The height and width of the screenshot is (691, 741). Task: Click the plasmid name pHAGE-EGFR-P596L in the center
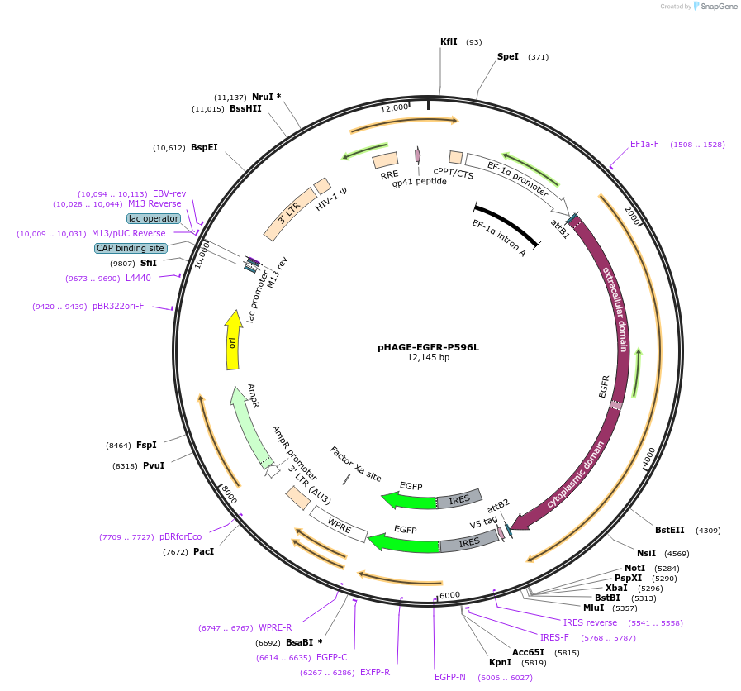pos(428,347)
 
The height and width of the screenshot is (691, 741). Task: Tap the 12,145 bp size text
pos(428,358)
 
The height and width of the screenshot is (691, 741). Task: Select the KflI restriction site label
pos(449,41)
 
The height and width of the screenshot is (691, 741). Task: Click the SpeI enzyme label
pos(507,57)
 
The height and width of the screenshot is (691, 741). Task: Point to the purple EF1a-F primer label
pos(644,144)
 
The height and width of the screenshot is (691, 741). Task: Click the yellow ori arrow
pos(234,340)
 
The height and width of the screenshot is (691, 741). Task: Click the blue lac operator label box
pos(154,218)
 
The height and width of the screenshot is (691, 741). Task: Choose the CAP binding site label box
pos(131,248)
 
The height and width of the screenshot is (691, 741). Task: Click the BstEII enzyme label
pos(669,530)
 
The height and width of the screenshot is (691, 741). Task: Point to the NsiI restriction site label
pos(646,553)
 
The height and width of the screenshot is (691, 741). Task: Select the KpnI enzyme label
pos(500,662)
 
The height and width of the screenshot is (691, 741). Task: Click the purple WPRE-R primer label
pos(275,627)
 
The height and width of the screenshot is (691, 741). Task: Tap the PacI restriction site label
pos(203,551)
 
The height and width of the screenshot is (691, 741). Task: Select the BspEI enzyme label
pos(204,148)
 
